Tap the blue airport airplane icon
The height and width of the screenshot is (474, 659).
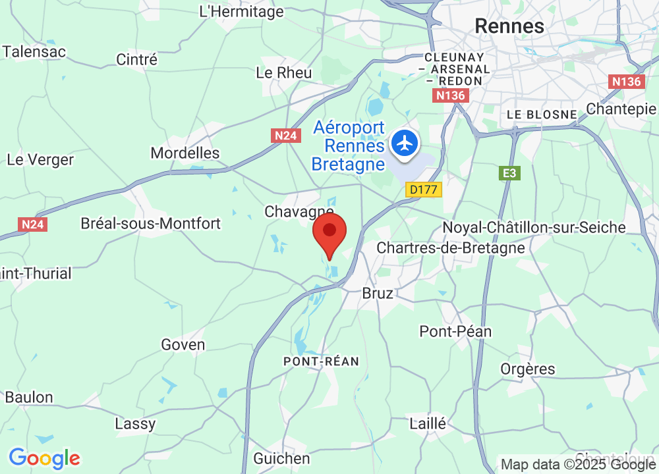tap(404, 142)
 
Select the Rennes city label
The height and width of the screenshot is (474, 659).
tap(509, 26)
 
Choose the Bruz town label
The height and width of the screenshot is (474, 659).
tap(378, 294)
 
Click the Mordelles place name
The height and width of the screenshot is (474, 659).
tap(185, 153)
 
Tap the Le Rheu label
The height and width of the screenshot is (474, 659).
tap(283, 72)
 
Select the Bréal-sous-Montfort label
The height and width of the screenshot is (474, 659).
tap(150, 223)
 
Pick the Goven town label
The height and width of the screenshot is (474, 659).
tap(183, 345)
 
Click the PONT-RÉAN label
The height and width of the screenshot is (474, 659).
tap(321, 361)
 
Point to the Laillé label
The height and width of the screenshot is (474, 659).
tap(428, 423)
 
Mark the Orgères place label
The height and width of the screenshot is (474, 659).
tap(528, 369)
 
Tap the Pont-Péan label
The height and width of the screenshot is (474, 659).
tap(456, 331)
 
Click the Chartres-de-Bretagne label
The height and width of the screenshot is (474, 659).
tap(451, 248)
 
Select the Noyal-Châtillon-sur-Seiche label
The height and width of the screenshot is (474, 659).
tap(534, 227)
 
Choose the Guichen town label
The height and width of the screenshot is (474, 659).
tap(281, 458)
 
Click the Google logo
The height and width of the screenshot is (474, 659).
tap(44, 458)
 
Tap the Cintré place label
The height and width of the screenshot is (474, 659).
tap(137, 59)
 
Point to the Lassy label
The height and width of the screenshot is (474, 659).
tap(135, 423)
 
